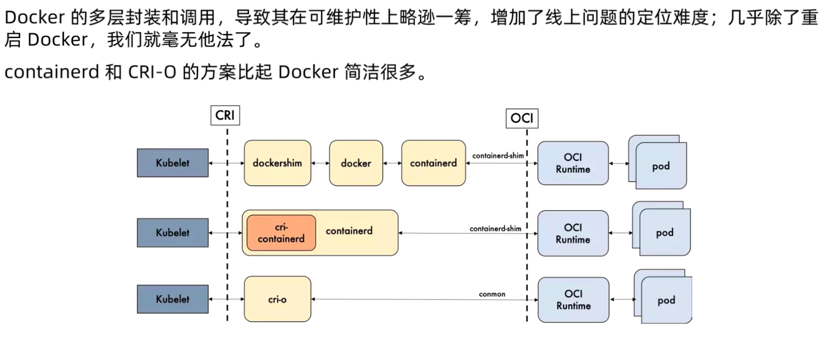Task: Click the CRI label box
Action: tap(225, 115)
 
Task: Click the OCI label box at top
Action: tap(522, 119)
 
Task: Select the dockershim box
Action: tap(277, 163)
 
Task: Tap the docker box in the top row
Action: tap(356, 163)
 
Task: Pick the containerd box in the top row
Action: tap(433, 163)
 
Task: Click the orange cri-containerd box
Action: tap(281, 233)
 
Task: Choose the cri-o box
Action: tap(277, 299)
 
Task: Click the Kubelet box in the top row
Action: tap(172, 163)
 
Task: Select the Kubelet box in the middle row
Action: tap(172, 232)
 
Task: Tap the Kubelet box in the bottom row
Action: tap(172, 299)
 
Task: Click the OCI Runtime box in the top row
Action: tap(573, 163)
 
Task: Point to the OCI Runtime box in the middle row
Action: tap(573, 233)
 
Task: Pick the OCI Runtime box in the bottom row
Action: tap(573, 300)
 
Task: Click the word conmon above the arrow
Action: tap(491, 294)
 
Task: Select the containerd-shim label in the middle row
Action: tap(495, 228)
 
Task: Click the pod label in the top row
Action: tap(661, 166)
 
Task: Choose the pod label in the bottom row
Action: tap(666, 300)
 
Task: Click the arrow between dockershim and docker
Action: tap(320, 163)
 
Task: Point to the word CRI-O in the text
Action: tap(152, 73)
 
